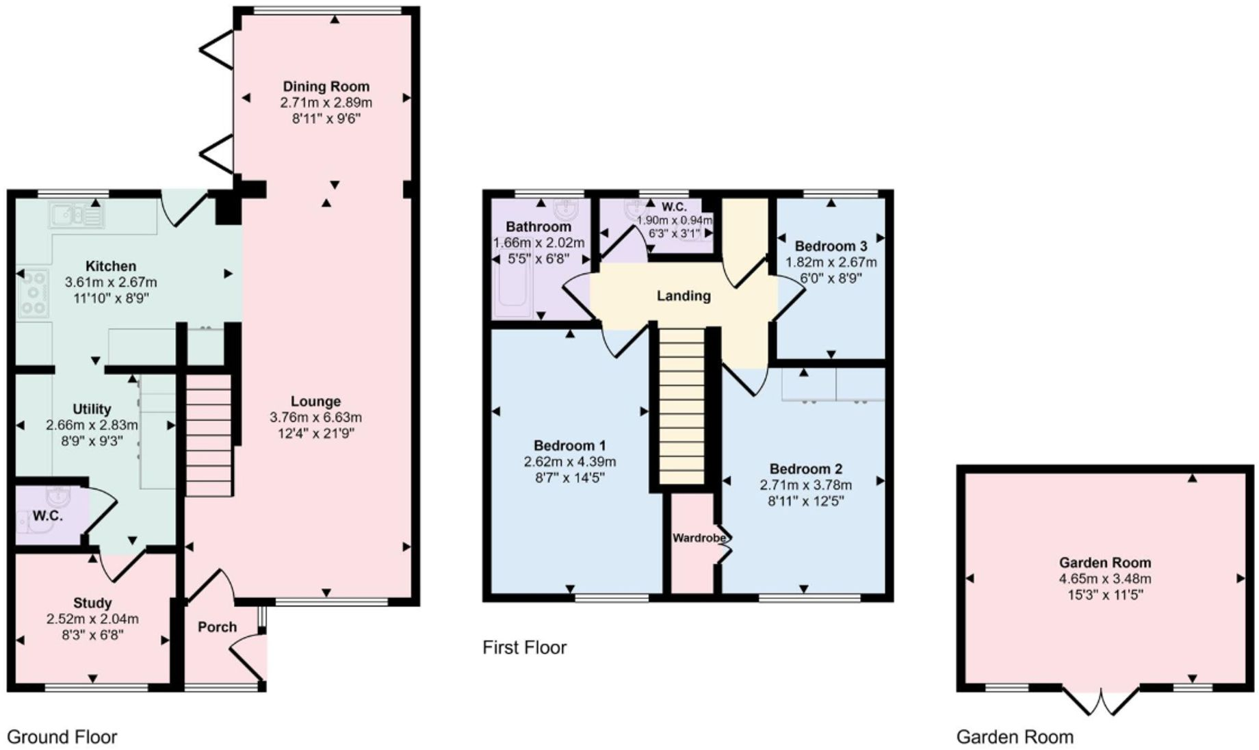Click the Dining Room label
point(326,86)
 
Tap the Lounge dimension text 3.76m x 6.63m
point(315,417)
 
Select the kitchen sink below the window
point(75,216)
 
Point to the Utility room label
point(92,409)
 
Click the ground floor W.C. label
point(48,516)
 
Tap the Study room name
point(92,603)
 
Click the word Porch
point(217,627)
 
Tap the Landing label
point(683,296)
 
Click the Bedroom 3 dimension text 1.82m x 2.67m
point(831,262)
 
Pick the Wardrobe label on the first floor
point(698,538)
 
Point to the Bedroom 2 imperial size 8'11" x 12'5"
point(805,501)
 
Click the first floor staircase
point(682,406)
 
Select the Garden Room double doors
point(1102,701)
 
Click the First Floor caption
point(524,647)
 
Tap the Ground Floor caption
point(62,737)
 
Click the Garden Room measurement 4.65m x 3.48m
point(1104,579)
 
